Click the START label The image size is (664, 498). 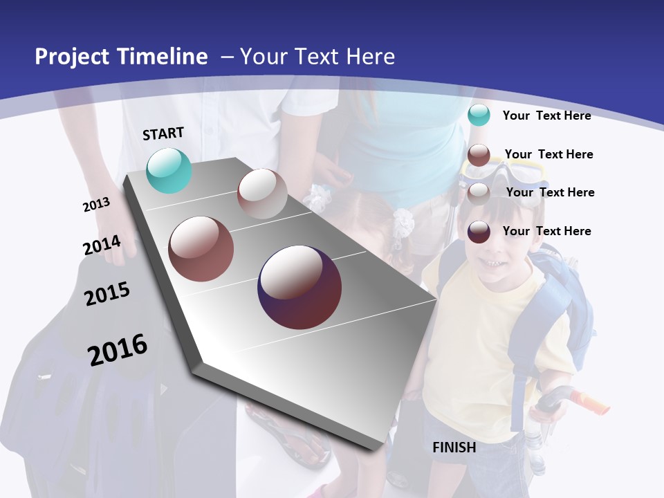(x=163, y=133)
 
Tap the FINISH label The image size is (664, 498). (x=454, y=448)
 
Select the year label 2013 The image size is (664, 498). (x=96, y=205)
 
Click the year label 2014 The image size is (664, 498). (x=102, y=246)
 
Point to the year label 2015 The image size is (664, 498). (x=107, y=293)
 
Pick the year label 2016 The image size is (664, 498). (x=118, y=349)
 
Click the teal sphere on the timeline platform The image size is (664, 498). (x=169, y=170)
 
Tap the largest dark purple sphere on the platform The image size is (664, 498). (x=299, y=287)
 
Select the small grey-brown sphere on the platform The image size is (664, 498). (x=262, y=194)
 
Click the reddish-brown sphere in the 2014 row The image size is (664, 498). (x=201, y=249)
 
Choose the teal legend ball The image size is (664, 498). (x=479, y=116)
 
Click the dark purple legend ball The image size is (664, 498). (x=479, y=232)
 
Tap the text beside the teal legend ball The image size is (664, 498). (x=546, y=116)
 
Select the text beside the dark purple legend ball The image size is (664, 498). (x=546, y=231)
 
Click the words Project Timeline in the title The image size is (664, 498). (x=121, y=57)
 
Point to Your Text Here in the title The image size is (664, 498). (x=317, y=57)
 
